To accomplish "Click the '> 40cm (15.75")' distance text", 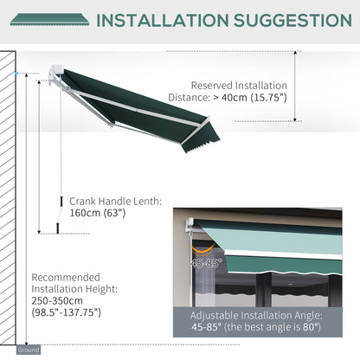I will click(239, 99).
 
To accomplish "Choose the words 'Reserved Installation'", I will click(239, 86).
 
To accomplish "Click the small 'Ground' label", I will click(28, 350).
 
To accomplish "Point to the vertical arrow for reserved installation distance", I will click(297, 86).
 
